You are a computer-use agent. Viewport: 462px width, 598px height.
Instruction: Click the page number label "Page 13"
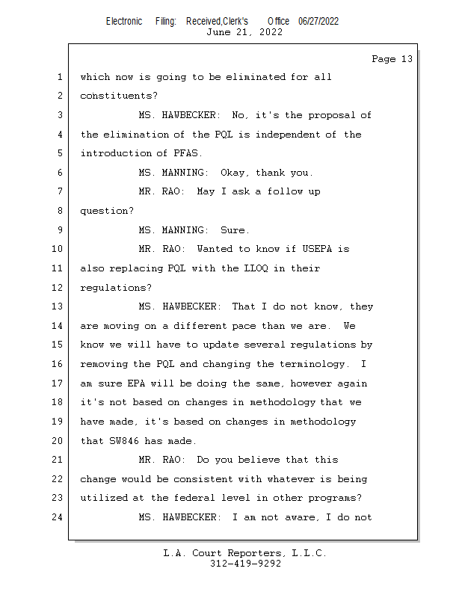(x=392, y=59)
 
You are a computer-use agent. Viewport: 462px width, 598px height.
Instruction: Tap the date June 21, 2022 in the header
(x=244, y=32)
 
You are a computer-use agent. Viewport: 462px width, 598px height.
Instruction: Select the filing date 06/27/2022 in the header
(x=318, y=21)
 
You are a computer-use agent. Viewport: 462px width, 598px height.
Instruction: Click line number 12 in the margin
(x=59, y=288)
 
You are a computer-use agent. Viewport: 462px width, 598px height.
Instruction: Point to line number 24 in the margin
(x=59, y=517)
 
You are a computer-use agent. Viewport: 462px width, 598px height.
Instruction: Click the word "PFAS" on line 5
(x=187, y=154)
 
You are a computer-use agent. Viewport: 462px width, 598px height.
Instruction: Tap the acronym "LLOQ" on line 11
(x=252, y=268)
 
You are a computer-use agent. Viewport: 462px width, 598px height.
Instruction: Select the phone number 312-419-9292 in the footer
(x=245, y=564)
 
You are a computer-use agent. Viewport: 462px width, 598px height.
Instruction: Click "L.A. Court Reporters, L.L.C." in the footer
(x=245, y=553)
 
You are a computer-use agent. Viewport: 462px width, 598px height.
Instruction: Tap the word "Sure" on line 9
(x=234, y=230)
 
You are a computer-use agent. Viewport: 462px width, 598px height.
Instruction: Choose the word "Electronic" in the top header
(x=124, y=21)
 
